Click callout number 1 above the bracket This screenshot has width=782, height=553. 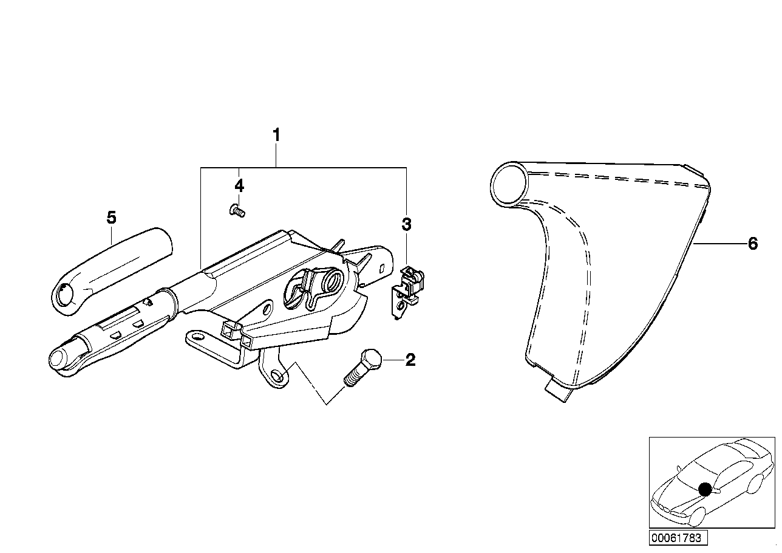[x=276, y=135]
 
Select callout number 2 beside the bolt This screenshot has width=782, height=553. [x=410, y=360]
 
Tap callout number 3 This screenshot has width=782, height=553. [x=406, y=224]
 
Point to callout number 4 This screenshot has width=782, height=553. [x=239, y=185]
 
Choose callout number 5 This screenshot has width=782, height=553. [x=111, y=218]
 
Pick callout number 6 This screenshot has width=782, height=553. [x=753, y=244]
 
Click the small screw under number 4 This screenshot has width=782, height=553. [x=237, y=211]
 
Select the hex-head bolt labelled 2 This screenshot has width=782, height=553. [x=362, y=368]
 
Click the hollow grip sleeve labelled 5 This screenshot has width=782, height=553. [x=112, y=272]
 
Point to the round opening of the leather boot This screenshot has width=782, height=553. [x=509, y=183]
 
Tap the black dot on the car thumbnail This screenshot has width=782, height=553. [x=705, y=489]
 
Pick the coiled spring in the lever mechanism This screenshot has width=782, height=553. [x=331, y=280]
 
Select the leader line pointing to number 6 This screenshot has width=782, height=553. [x=720, y=244]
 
